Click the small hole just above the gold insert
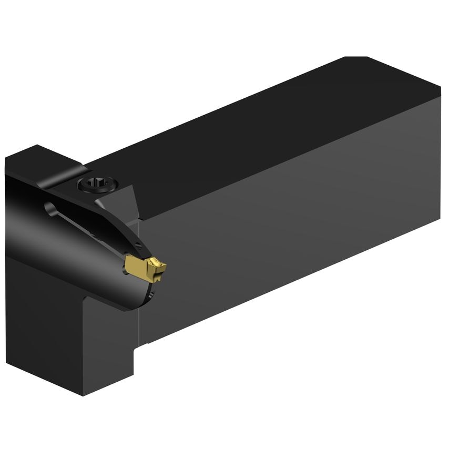coord(138,246)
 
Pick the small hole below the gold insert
coord(151,298)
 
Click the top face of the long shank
coord(263,131)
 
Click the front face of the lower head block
coord(47,326)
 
